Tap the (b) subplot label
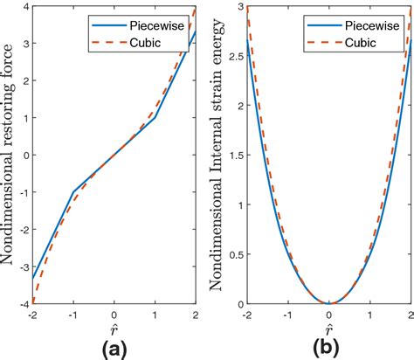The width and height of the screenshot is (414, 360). [328, 346]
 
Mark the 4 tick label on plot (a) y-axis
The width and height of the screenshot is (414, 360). [24, 7]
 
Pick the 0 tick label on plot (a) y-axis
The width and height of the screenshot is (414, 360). [24, 156]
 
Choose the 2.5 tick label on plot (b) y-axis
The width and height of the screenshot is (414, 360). [232, 57]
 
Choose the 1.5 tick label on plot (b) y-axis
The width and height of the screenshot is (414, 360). [232, 156]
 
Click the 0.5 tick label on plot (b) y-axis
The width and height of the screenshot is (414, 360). [232, 254]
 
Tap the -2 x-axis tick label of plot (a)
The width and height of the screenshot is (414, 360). [32, 314]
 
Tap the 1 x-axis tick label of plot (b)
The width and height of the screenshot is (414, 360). [369, 314]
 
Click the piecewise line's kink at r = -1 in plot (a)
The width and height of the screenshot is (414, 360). [73, 192]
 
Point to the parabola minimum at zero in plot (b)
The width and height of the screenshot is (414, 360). [328, 303]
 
